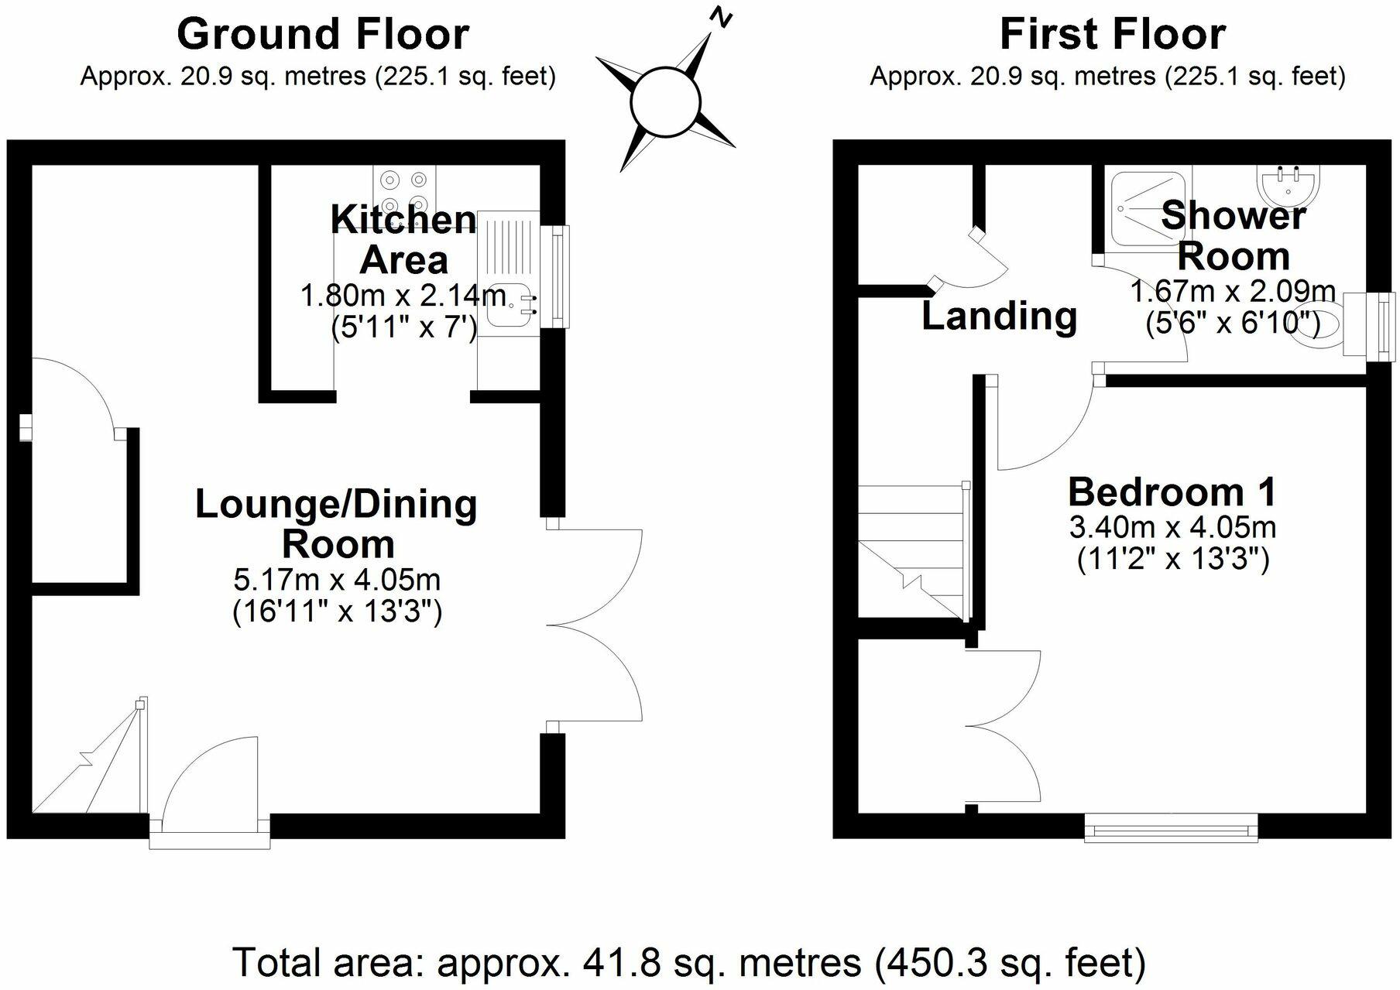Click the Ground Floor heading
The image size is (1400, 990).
click(x=323, y=34)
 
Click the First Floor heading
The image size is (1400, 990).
click(x=1113, y=34)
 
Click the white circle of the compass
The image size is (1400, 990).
click(x=666, y=104)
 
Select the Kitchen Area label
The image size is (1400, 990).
click(x=403, y=239)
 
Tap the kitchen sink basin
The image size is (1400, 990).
click(x=509, y=305)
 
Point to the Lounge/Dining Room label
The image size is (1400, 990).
click(x=336, y=523)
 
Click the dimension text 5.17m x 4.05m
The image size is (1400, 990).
click(x=337, y=579)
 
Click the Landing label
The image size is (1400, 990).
click(x=999, y=316)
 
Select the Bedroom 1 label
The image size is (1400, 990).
click(x=1172, y=492)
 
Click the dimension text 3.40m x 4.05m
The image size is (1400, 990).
click(x=1172, y=528)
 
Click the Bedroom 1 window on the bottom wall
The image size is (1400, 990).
click(x=1171, y=830)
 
